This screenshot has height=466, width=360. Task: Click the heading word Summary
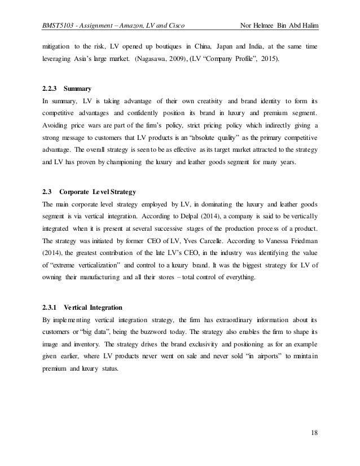point(79,89)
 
